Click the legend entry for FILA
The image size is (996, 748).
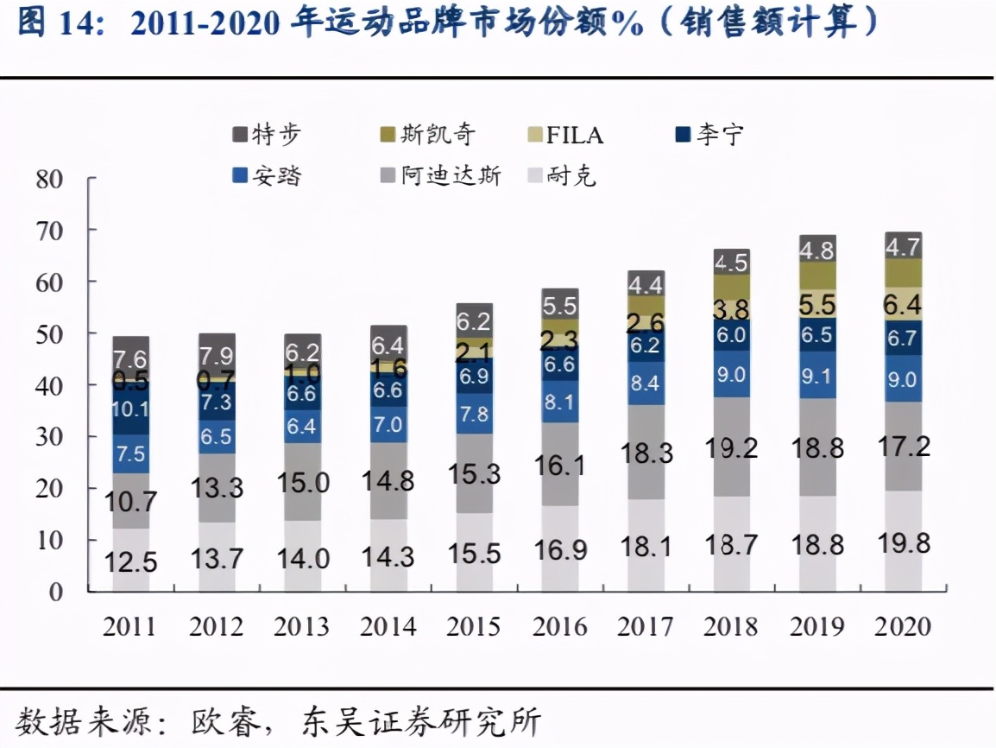(566, 135)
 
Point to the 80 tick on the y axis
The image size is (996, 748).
(50, 180)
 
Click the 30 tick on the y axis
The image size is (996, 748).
(50, 437)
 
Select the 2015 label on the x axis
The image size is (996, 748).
(474, 626)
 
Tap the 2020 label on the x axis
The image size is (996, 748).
(903, 626)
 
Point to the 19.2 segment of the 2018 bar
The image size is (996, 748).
(731, 447)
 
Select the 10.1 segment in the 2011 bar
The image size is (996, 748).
(130, 409)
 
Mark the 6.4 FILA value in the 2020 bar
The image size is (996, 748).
(903, 304)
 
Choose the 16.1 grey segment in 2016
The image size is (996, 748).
(560, 466)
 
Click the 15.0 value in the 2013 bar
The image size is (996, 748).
(303, 482)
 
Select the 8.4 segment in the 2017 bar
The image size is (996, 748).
(646, 383)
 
